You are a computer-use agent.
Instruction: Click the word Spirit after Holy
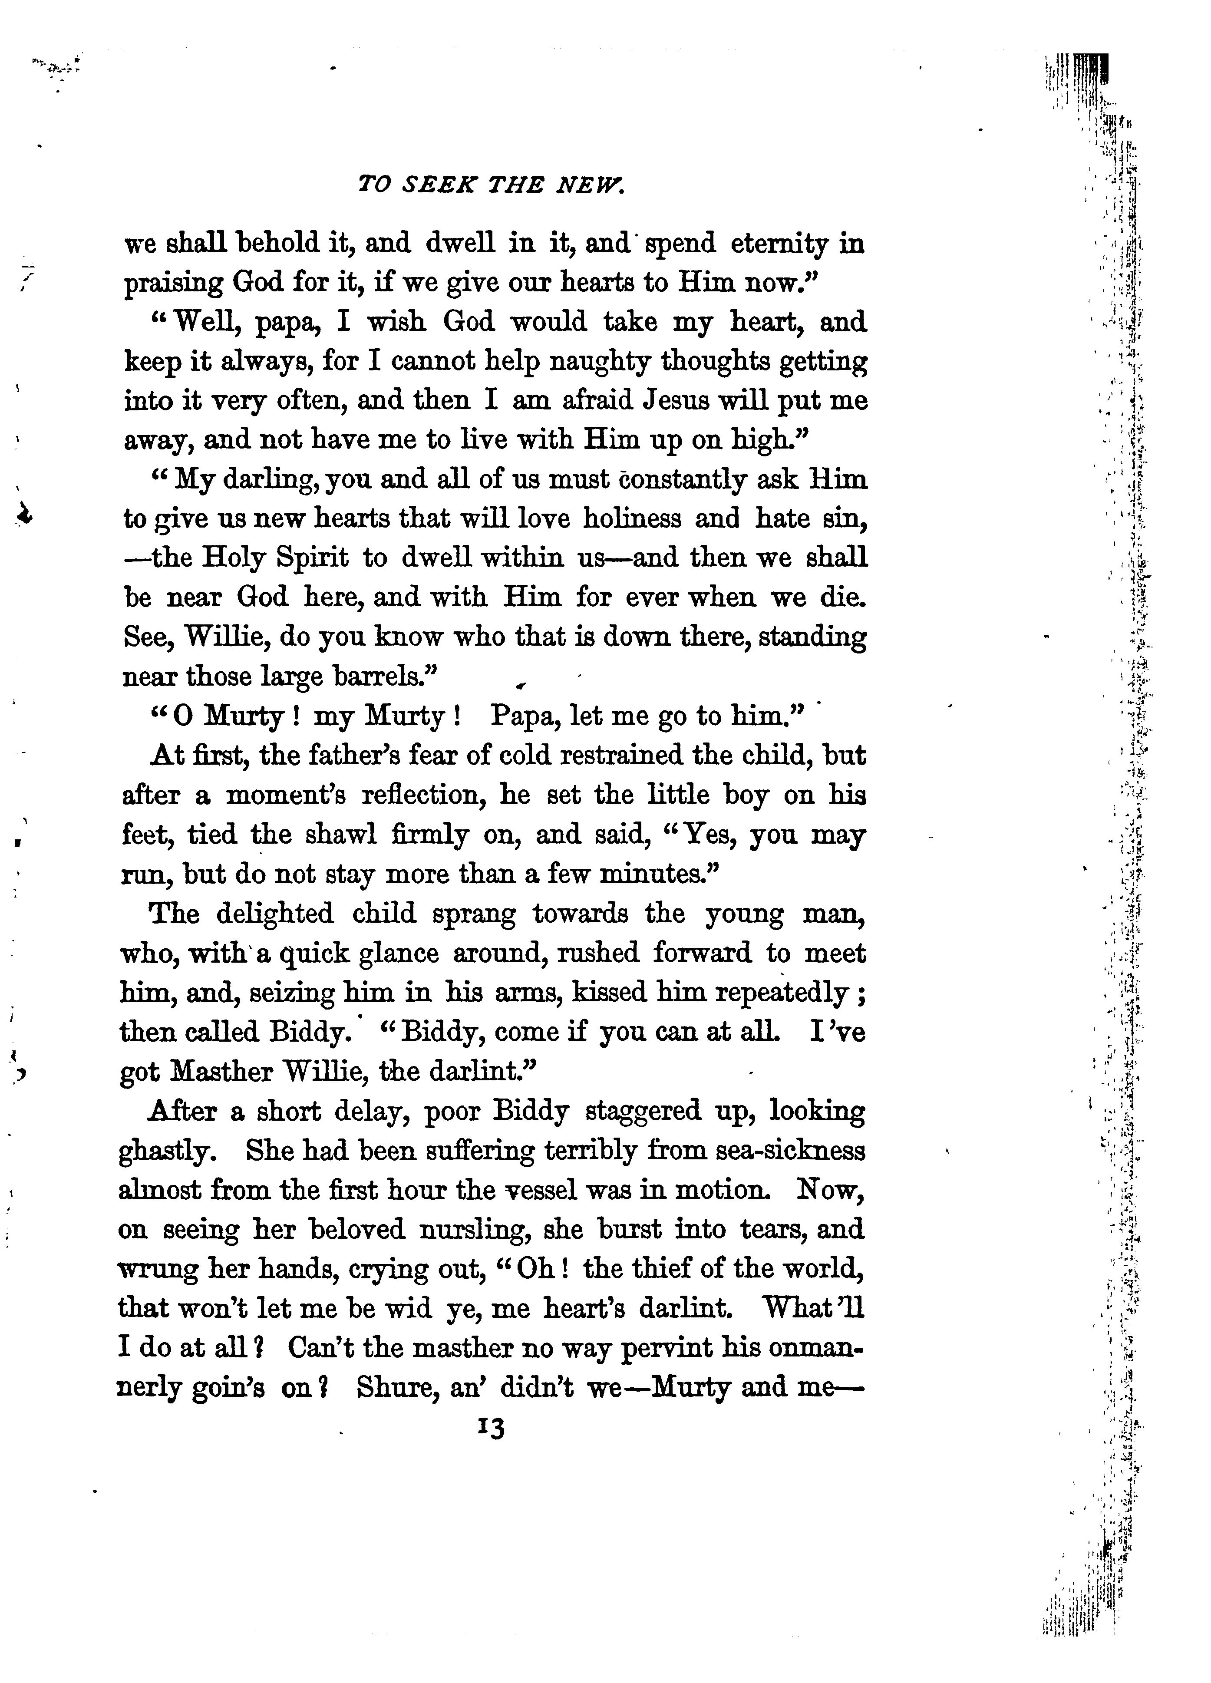312,558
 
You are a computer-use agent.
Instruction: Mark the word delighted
274,914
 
